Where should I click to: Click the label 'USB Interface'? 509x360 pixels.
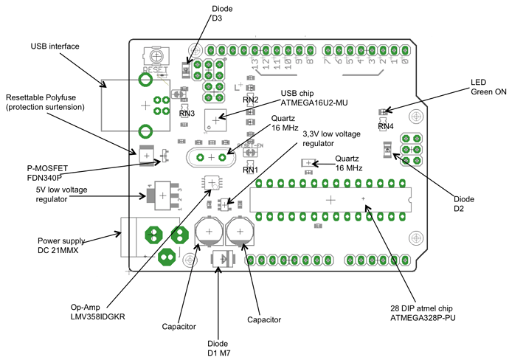tap(55, 46)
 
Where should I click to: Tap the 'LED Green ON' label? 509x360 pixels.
tap(489, 87)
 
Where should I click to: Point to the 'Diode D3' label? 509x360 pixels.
tap(222, 12)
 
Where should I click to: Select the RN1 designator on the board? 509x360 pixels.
tap(250, 170)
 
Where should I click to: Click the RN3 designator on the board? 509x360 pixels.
tap(187, 114)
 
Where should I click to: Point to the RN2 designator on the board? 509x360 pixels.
tap(251, 99)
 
